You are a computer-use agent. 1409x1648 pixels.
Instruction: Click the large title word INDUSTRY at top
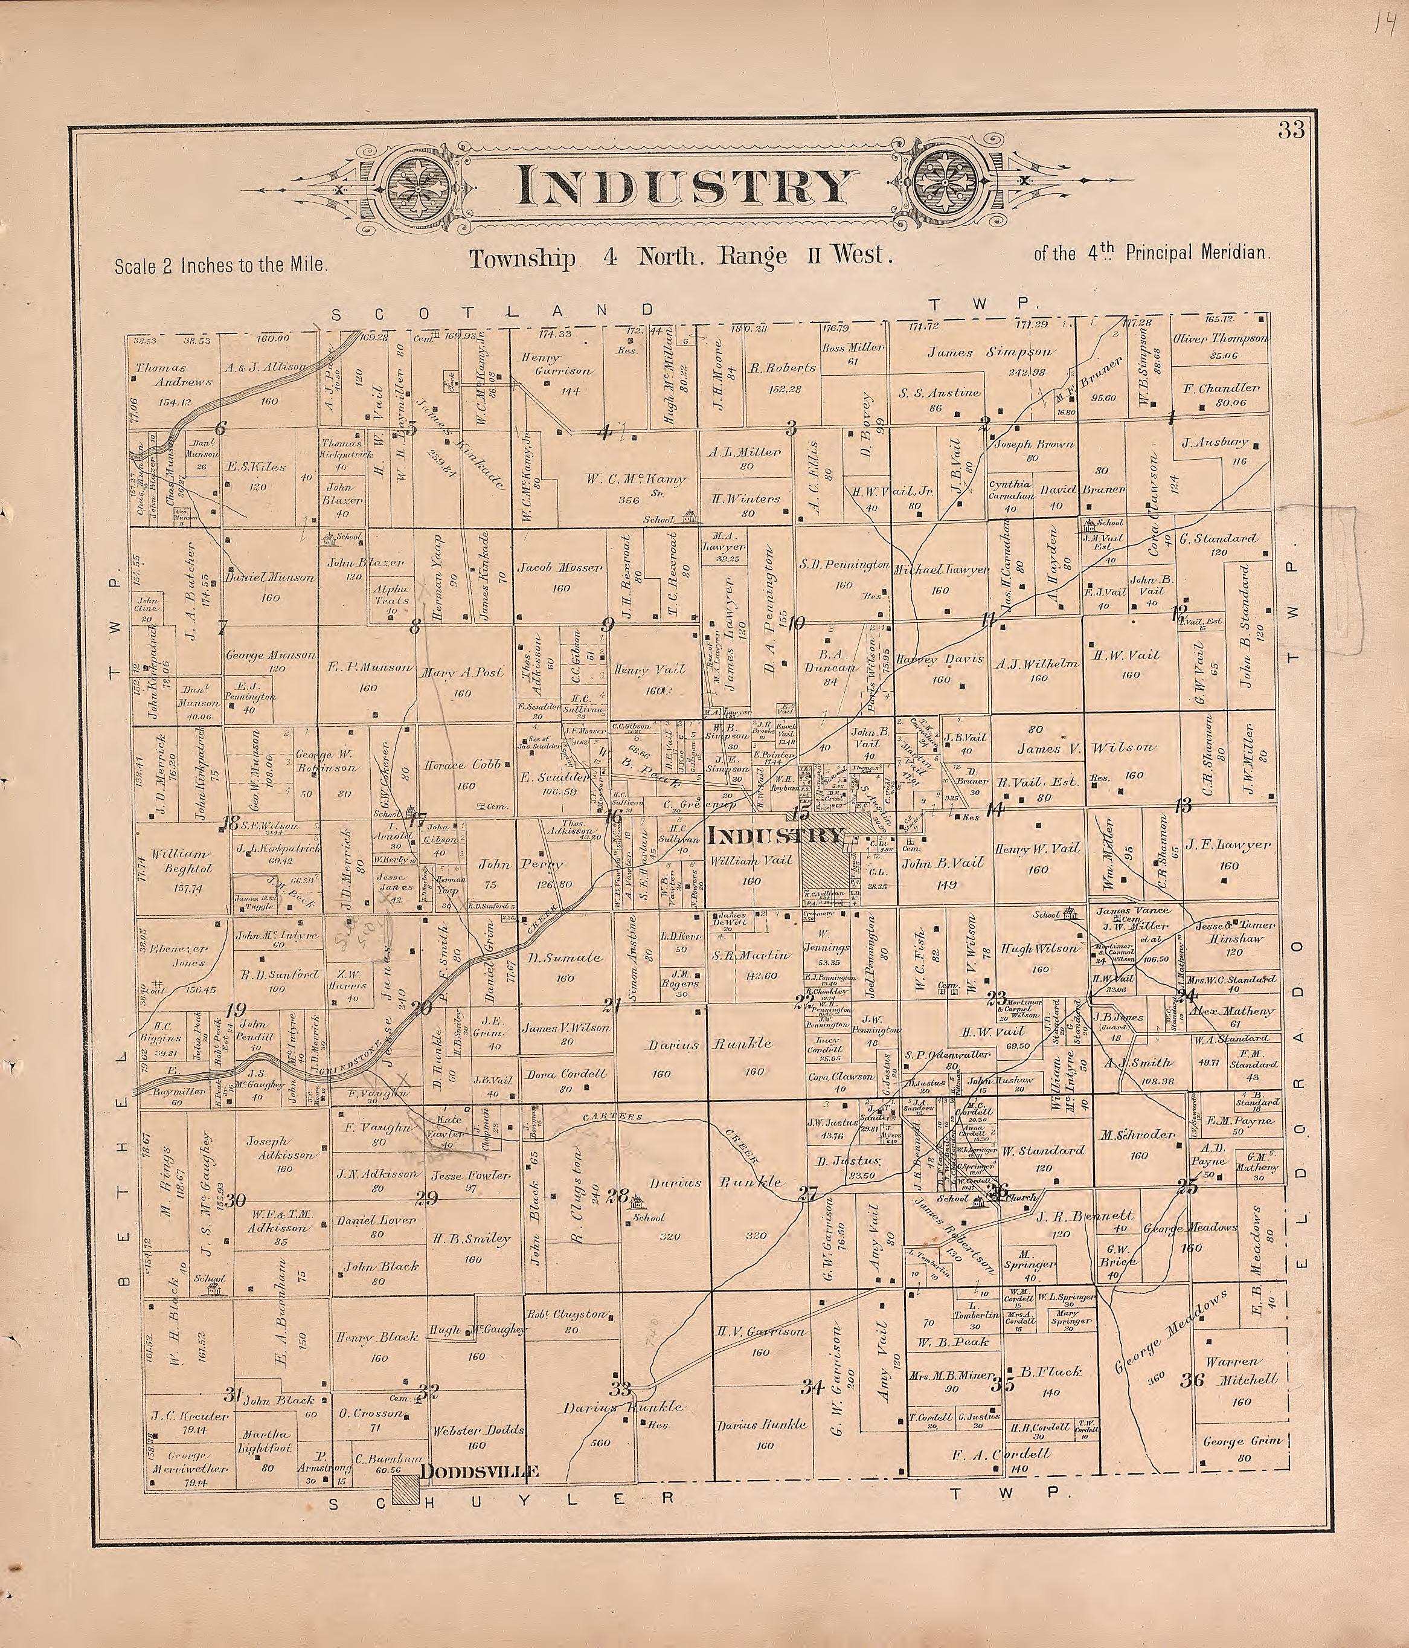(x=682, y=188)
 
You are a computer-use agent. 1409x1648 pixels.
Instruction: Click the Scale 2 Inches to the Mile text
(x=220, y=265)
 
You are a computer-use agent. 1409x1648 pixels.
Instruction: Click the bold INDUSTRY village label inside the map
(x=774, y=835)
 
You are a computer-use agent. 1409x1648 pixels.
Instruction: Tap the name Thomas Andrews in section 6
(x=173, y=375)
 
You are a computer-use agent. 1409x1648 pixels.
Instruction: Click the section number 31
(x=232, y=1394)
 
